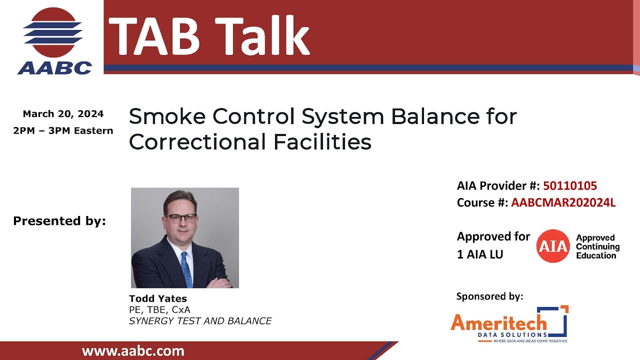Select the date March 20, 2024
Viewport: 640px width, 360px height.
pos(63,114)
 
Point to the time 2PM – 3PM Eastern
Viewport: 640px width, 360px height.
pos(63,131)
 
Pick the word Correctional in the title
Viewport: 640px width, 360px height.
pos(197,142)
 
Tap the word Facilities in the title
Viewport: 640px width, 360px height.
pos(322,142)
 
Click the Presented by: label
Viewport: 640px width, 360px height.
pos(59,221)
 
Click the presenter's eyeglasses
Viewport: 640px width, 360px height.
pos(182,218)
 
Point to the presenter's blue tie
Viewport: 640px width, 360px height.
pos(186,269)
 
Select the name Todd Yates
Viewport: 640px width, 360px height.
pos(157,299)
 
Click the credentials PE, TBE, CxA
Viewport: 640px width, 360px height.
pos(159,310)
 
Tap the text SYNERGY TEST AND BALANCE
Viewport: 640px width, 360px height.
pos(200,321)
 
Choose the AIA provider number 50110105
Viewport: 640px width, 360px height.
pos(570,186)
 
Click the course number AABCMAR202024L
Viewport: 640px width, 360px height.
pos(563,203)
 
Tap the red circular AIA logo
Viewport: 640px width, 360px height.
pos(553,246)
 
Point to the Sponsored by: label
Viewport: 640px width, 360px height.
pos(489,296)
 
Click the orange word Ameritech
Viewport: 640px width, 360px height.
pos(498,322)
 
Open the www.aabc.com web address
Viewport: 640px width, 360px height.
pos(133,351)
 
